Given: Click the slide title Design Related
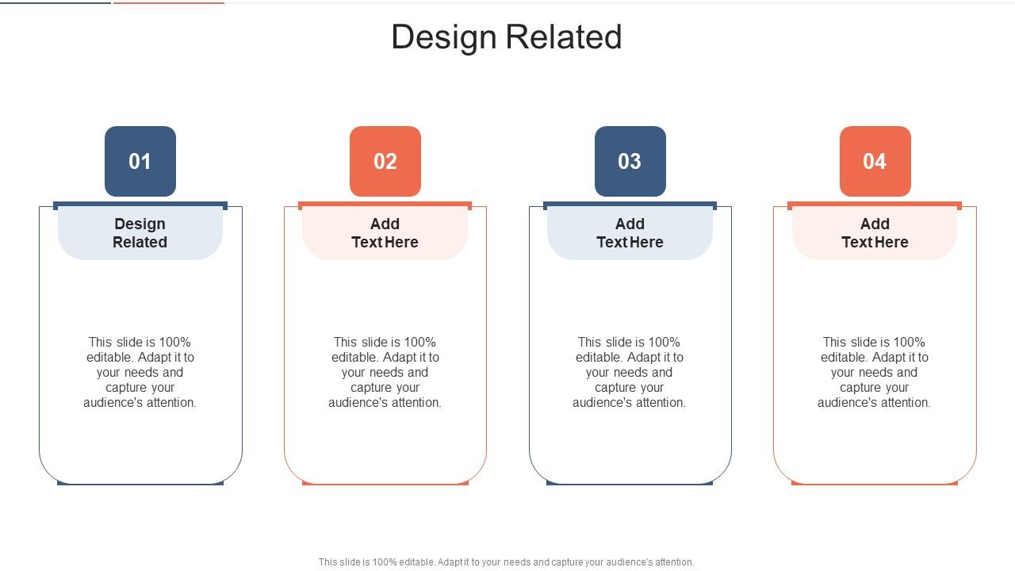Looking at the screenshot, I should [x=507, y=37].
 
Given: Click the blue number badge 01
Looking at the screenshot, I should [x=140, y=161].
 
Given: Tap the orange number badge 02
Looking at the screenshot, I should [x=385, y=161].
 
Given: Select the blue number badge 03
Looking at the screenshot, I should [x=630, y=161].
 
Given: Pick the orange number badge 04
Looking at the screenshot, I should [x=875, y=161].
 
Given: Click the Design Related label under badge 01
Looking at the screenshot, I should [x=140, y=233].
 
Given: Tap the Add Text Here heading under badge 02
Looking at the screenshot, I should [x=385, y=233].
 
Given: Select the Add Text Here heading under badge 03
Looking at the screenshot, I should [x=630, y=233].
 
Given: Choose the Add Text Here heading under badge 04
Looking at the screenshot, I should [x=875, y=233].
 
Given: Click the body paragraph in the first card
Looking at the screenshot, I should [x=140, y=372].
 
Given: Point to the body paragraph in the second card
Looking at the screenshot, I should [x=385, y=372].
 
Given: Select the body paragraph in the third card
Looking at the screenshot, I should [x=630, y=372].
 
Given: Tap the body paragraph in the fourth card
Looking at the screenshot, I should [x=875, y=372].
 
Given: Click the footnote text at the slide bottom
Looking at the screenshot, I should [x=506, y=562].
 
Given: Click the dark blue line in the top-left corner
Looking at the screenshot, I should [x=56, y=2].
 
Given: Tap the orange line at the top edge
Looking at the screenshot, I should [x=169, y=2].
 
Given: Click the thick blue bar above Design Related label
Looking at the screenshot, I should [x=140, y=205].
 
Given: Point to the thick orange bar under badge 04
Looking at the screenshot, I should [x=875, y=205].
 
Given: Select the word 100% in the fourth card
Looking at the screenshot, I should [x=908, y=343].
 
